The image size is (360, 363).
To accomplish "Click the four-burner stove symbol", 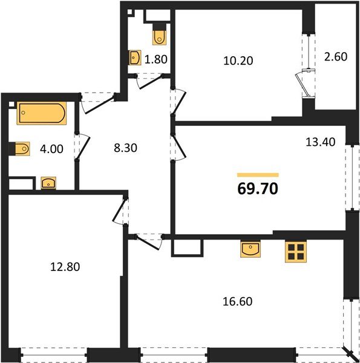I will [x=294, y=251].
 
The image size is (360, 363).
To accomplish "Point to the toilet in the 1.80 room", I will [x=159, y=35].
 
